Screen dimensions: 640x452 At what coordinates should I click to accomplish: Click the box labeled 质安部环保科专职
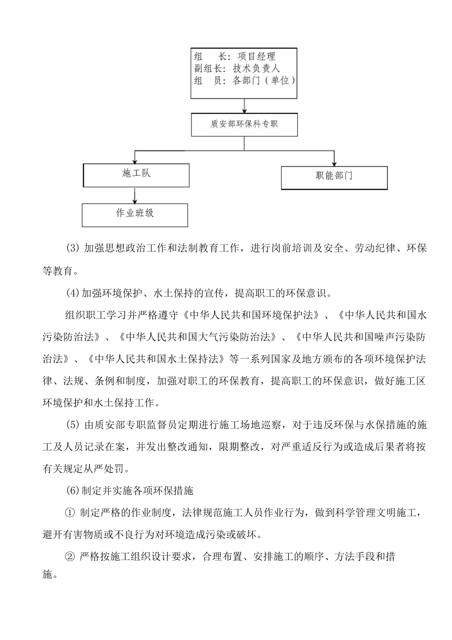point(244,124)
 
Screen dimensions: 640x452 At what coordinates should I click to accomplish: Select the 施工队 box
point(136,175)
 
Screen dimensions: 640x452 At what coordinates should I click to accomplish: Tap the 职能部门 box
point(334,177)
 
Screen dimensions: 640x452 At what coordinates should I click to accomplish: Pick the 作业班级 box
point(135,214)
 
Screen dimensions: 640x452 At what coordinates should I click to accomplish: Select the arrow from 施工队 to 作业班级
point(135,195)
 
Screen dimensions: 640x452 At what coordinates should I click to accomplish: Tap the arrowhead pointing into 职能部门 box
point(334,162)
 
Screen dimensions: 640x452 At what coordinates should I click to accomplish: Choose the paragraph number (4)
point(73,293)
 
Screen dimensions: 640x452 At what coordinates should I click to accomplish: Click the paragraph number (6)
point(73,490)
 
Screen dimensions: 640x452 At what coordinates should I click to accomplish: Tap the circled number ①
point(69,512)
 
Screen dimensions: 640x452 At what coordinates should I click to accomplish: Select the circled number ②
point(69,557)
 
